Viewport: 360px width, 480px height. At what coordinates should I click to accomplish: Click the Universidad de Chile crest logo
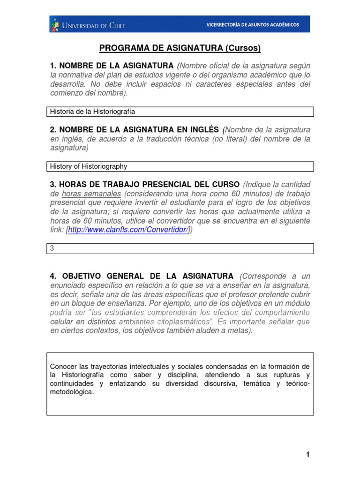(56, 25)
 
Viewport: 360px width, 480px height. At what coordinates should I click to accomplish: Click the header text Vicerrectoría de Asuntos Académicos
(253, 25)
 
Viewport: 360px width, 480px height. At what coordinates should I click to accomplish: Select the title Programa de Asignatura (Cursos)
(180, 48)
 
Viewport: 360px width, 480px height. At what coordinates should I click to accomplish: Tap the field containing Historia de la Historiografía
(180, 112)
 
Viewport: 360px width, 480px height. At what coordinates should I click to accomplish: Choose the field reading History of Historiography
(180, 166)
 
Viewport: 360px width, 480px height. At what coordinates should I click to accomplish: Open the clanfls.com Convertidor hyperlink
(128, 230)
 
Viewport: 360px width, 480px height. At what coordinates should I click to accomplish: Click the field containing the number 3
(180, 248)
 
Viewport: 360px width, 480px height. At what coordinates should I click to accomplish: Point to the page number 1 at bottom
(307, 454)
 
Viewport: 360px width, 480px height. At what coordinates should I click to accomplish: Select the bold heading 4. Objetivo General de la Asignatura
(141, 276)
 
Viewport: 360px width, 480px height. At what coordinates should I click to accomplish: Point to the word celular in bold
(60, 322)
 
